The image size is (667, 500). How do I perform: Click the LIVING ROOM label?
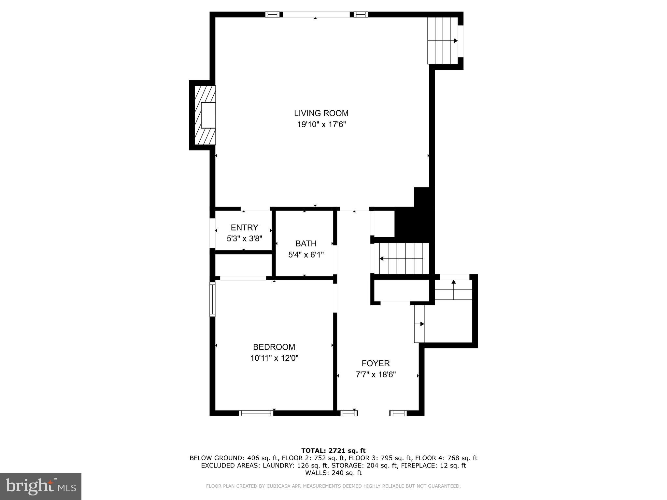[321, 113]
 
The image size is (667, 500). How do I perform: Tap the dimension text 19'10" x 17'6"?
[321, 124]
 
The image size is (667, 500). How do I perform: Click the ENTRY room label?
[244, 227]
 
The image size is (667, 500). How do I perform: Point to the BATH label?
[306, 243]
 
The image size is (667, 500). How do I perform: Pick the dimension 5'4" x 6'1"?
[306, 255]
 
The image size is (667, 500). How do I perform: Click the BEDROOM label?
[274, 347]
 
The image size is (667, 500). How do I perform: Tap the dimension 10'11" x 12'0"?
[274, 358]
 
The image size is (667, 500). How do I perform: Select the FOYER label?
[376, 363]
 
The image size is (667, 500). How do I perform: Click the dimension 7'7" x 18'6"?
[376, 375]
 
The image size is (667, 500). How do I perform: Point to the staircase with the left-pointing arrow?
[401, 259]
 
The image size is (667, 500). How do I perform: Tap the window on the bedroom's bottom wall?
[256, 413]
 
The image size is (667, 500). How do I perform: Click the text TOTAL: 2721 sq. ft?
[333, 451]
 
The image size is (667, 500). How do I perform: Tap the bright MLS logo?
[41, 487]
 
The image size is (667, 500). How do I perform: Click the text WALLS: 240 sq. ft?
[333, 473]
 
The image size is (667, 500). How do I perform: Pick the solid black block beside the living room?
[415, 221]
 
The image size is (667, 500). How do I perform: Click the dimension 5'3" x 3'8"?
[244, 239]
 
